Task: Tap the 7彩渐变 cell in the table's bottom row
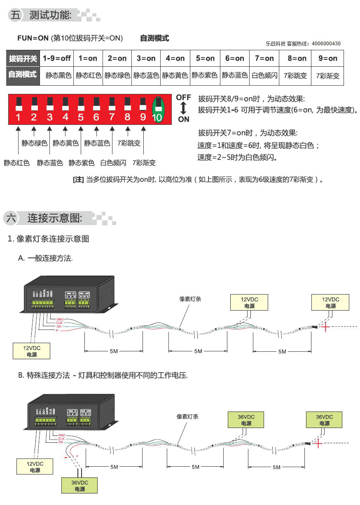[x=328, y=76]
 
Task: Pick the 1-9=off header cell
[x=56, y=58]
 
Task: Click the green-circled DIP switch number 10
[x=157, y=109]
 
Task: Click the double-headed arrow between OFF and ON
[x=183, y=108]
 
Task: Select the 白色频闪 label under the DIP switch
[x=113, y=163]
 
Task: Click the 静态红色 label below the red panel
[x=17, y=163]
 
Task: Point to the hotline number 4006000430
[x=326, y=44]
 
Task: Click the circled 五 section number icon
[x=16, y=16]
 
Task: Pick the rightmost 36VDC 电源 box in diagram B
[x=324, y=420]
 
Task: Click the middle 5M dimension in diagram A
[x=198, y=351]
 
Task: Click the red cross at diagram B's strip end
[x=318, y=443]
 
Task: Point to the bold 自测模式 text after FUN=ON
[x=154, y=38]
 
